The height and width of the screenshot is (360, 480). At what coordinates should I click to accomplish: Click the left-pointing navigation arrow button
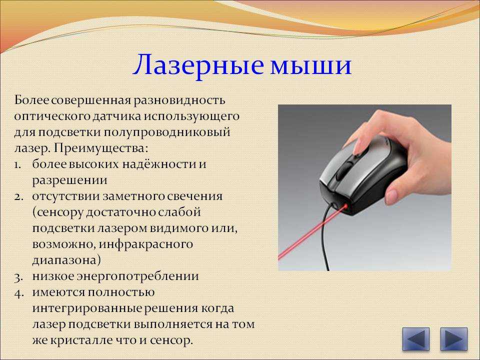tap(415, 339)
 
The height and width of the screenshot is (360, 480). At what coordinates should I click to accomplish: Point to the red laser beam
tap(312, 233)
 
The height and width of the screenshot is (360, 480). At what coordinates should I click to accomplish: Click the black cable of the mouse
tap(324, 235)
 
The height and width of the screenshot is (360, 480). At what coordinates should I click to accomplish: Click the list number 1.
tap(18, 164)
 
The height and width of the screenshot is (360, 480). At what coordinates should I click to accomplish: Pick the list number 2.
tap(18, 196)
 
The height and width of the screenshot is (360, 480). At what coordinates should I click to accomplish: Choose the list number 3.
tap(18, 277)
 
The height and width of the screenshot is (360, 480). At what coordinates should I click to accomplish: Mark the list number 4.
tap(18, 293)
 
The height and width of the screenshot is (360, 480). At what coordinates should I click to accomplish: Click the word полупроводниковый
tap(166, 132)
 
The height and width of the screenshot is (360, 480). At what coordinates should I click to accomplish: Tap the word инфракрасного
tap(146, 244)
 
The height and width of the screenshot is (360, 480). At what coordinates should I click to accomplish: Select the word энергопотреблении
tap(137, 276)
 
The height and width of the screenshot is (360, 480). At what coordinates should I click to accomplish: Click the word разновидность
tap(179, 100)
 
